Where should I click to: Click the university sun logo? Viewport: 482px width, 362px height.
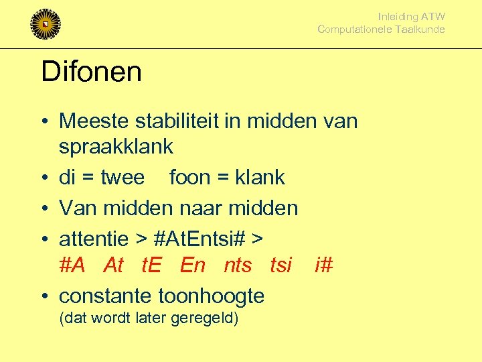tap(46, 24)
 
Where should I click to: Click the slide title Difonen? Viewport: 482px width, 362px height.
tap(91, 72)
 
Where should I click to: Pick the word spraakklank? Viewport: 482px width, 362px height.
tap(116, 146)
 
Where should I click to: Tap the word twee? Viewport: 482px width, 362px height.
tap(123, 178)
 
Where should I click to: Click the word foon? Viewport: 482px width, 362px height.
tap(190, 178)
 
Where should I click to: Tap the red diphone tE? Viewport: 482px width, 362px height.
tap(153, 266)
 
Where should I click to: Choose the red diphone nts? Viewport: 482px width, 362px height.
tap(238, 266)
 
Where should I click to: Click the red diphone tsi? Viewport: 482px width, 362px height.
tap(281, 266)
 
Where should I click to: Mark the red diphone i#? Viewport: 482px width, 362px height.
tap(323, 266)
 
